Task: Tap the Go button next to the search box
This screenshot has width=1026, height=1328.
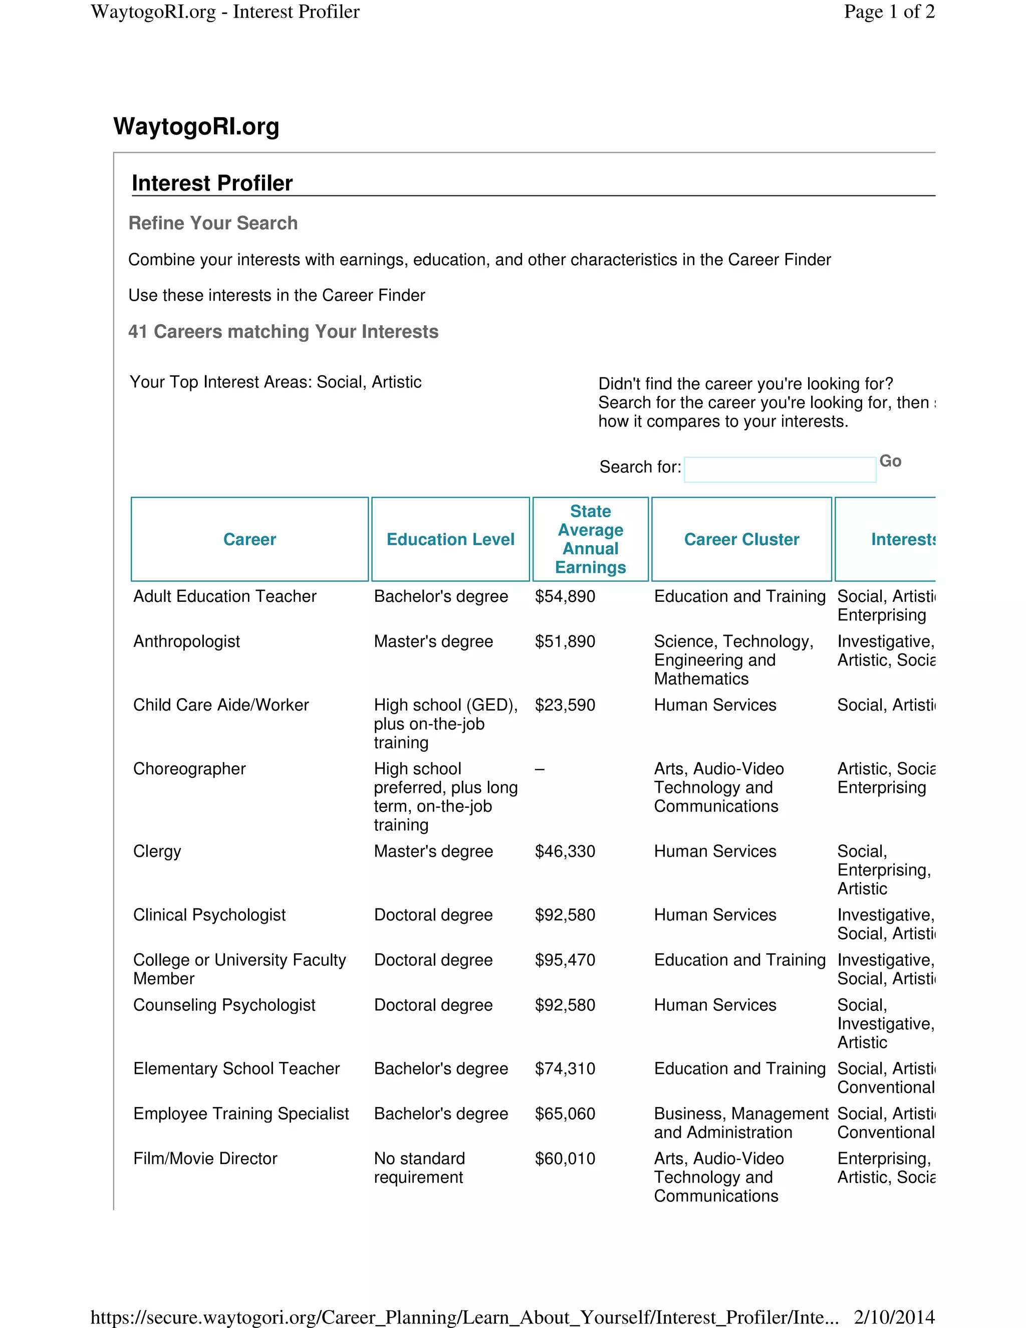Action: coord(890,461)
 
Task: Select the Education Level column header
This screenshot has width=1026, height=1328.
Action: coord(450,539)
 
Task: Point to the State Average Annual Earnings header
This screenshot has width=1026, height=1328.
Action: coord(590,539)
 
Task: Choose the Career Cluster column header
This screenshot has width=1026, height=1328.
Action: coord(741,539)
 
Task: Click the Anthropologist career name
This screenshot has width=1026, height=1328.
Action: coord(186,641)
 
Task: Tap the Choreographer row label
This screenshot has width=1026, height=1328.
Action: coord(189,769)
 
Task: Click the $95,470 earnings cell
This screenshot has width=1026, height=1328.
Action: coord(565,960)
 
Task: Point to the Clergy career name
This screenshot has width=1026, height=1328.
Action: coord(157,851)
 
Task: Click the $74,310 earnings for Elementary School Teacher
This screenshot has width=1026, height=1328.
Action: coord(565,1068)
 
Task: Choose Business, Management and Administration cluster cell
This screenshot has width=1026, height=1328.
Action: coord(740,1123)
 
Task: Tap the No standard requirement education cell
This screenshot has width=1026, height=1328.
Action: coord(419,1168)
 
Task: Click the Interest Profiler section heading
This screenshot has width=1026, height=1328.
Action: coord(212,183)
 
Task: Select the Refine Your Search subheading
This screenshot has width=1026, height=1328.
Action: coord(213,223)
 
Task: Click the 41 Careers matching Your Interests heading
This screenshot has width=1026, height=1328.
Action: coord(283,331)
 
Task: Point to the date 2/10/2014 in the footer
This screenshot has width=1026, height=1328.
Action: coord(894,1317)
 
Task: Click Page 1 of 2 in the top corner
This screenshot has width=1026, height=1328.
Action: coord(889,12)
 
